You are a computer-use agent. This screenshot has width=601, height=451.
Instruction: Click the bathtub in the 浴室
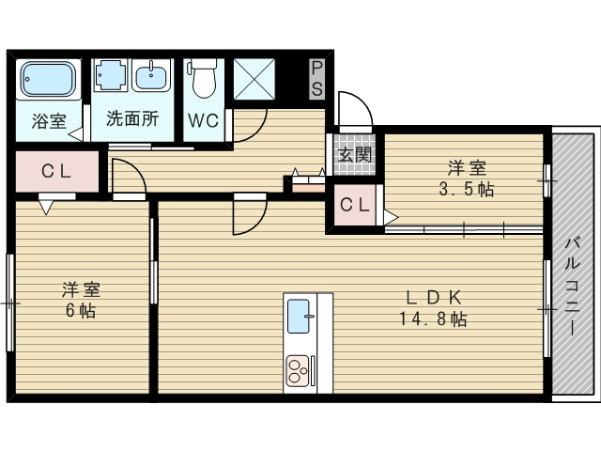pos(48,80)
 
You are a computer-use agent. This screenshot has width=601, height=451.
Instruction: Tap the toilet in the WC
pos(203,78)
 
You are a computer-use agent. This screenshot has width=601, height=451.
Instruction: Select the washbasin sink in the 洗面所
pos(151,76)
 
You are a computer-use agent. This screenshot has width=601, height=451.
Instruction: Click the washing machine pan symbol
pos(110,75)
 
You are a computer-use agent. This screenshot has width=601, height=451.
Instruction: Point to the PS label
pos(317,79)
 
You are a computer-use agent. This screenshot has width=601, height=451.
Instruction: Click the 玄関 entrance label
pos(355,154)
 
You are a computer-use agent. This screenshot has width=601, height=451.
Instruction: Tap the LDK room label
pos(433,297)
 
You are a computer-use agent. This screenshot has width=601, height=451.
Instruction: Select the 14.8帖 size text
pos(433,319)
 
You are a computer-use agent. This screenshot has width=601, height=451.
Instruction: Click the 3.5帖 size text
pos(467,189)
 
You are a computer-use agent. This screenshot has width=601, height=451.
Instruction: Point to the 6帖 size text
pos(81,310)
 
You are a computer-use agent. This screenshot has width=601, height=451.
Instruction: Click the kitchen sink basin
pos(299,316)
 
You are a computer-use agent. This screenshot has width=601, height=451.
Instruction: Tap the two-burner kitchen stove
pos(299,371)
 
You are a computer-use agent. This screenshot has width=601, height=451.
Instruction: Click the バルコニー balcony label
pos(572,287)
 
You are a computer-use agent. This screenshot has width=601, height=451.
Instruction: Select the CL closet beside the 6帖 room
pos(56,171)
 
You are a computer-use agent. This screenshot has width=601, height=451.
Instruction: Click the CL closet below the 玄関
pos(355,205)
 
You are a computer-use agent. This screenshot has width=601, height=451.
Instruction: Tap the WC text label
pos(203,121)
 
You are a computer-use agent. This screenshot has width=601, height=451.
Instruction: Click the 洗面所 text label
pos(132,118)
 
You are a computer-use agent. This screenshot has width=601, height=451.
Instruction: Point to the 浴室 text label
pos(49,121)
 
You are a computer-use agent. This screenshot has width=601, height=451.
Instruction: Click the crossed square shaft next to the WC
pos(254,79)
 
